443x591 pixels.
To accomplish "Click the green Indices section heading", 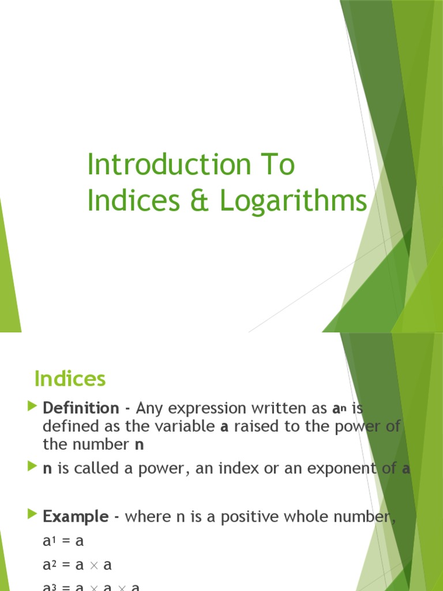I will click(70, 379).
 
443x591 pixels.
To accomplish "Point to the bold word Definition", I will click(80, 408).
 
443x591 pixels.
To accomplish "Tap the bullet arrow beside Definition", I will click(32, 408).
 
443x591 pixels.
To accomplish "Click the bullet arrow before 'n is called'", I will click(32, 467).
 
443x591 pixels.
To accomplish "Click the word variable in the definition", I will click(179, 427).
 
